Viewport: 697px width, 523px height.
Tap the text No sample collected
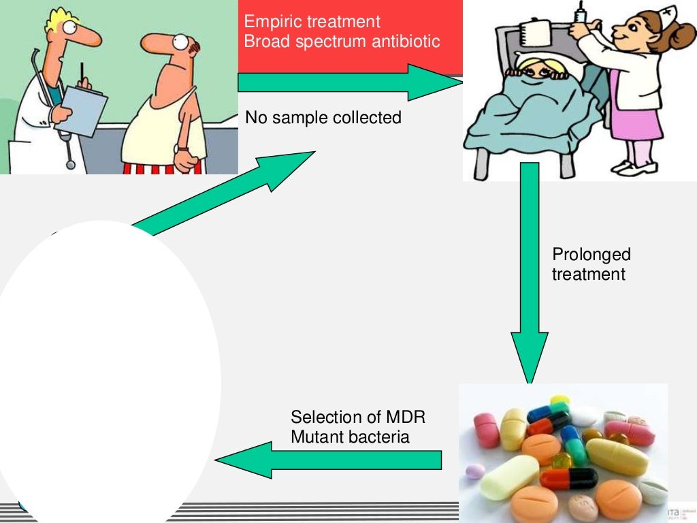tap(323, 118)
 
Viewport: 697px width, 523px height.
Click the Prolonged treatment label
tap(591, 264)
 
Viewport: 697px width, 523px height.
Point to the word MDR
tap(406, 417)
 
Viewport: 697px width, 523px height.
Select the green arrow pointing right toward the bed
tap(347, 82)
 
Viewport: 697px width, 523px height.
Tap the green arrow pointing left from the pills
tap(327, 460)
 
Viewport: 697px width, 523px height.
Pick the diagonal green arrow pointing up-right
tap(225, 194)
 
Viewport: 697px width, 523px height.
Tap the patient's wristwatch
tap(182, 148)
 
